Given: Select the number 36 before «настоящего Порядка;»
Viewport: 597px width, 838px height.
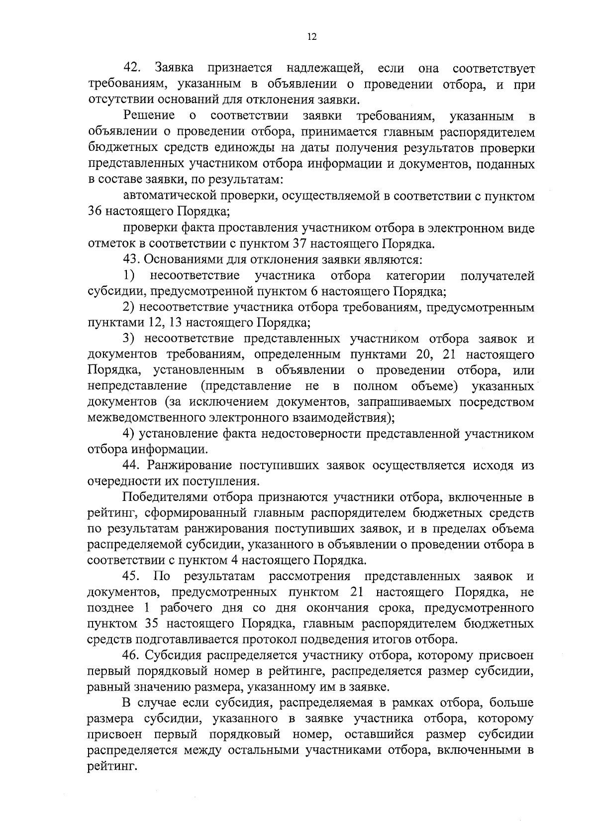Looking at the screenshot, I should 95,211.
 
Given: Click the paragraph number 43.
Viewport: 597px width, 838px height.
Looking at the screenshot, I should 132,259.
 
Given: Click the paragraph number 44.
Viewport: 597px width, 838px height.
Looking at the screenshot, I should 132,466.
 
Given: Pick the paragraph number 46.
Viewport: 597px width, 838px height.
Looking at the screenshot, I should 132,656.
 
